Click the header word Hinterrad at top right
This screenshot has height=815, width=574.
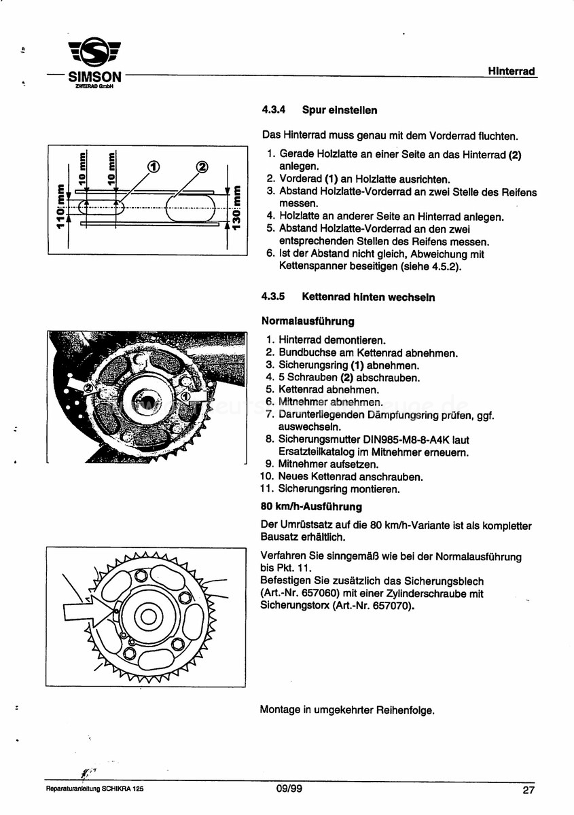(512, 71)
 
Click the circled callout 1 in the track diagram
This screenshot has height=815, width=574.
(154, 166)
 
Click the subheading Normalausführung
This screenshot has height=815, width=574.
(307, 321)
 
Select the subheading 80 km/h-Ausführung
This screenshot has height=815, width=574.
(311, 507)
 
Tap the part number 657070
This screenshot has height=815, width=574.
(387, 605)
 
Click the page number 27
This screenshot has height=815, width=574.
(528, 790)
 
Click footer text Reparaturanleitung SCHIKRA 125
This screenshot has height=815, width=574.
(94, 791)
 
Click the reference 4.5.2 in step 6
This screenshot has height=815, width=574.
(446, 267)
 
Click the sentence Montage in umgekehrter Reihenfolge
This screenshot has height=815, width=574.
(346, 710)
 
